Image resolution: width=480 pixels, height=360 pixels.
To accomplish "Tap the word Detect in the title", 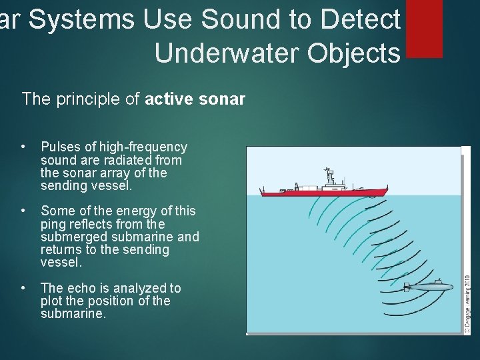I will (x=361, y=21).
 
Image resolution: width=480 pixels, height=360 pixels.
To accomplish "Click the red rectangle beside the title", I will (x=424, y=28).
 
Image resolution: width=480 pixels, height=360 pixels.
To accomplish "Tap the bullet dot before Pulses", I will (x=23, y=147).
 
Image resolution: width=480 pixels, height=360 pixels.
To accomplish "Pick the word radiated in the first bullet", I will (x=133, y=160).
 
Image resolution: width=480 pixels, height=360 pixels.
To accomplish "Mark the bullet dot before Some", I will (x=23, y=211).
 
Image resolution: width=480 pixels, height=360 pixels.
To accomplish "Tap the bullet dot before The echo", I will (x=23, y=288).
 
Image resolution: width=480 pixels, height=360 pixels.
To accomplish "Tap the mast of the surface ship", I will (x=327, y=175).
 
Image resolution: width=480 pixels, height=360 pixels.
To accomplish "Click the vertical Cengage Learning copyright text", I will (x=467, y=303).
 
